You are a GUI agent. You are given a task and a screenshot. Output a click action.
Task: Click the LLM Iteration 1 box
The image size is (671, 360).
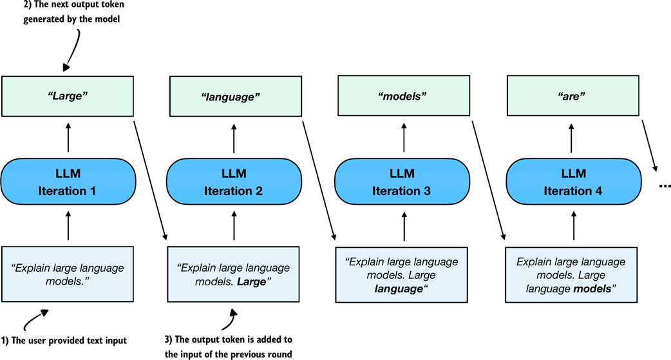pyautogui.click(x=68, y=182)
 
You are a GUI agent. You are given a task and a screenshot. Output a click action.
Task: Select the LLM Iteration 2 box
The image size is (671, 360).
pyautogui.click(x=234, y=182)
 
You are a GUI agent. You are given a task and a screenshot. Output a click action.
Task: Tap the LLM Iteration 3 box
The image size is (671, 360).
pyautogui.click(x=403, y=182)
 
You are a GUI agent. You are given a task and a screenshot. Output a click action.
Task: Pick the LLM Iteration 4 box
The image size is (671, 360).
pyautogui.click(x=572, y=182)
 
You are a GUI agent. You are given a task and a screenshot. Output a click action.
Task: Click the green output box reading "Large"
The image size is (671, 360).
pyautogui.click(x=68, y=96)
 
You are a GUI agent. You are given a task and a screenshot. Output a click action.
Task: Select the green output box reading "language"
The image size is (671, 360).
pyautogui.click(x=234, y=96)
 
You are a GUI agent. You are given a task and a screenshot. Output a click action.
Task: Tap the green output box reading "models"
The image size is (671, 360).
pyautogui.click(x=403, y=96)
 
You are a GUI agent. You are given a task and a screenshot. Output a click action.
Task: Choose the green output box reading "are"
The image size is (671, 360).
pyautogui.click(x=572, y=96)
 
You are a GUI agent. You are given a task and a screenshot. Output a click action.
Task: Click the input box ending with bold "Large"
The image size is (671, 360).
pyautogui.click(x=234, y=274)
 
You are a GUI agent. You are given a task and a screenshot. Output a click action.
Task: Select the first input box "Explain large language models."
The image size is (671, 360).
pyautogui.click(x=68, y=274)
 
